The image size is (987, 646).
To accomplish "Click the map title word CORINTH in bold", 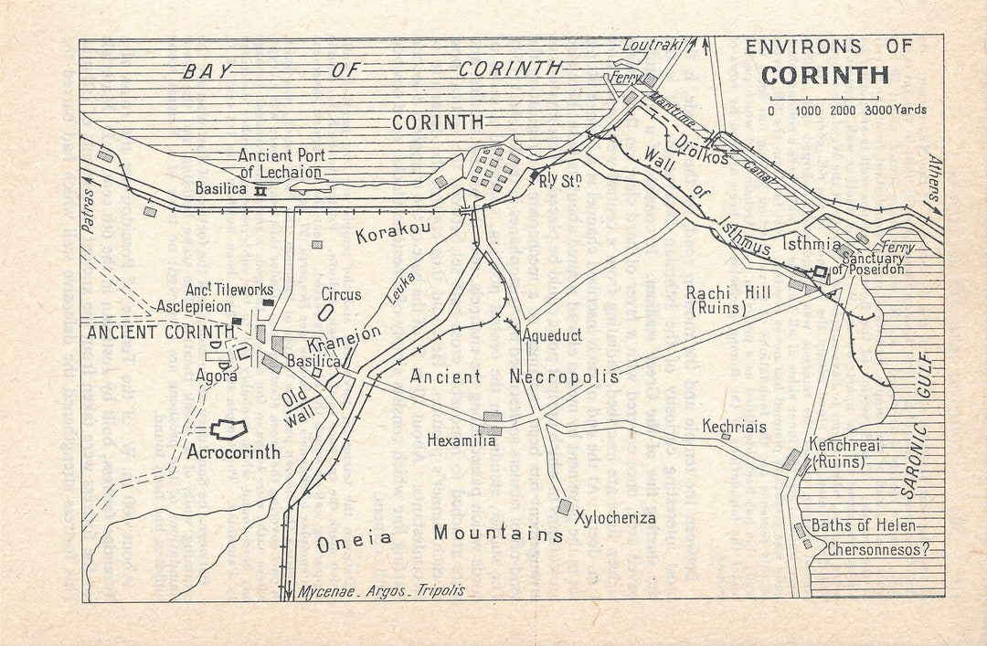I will tap(824, 74).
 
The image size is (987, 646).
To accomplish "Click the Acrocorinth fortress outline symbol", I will tap(229, 430).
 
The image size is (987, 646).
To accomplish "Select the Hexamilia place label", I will tap(462, 440).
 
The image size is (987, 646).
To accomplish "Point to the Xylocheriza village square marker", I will tap(564, 506).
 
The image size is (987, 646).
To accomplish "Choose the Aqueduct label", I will tap(552, 335).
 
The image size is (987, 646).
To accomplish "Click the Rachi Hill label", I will tap(728, 292).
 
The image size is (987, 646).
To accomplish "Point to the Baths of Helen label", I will tap(864, 526).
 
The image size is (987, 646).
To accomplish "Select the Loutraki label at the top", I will tap(653, 44).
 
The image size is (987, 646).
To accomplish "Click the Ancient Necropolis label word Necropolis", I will tap(564, 376).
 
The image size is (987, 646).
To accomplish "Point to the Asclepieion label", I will tap(193, 306).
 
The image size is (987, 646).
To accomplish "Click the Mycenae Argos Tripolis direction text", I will tap(381, 590).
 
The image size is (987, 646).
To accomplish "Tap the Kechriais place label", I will tap(734, 427).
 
